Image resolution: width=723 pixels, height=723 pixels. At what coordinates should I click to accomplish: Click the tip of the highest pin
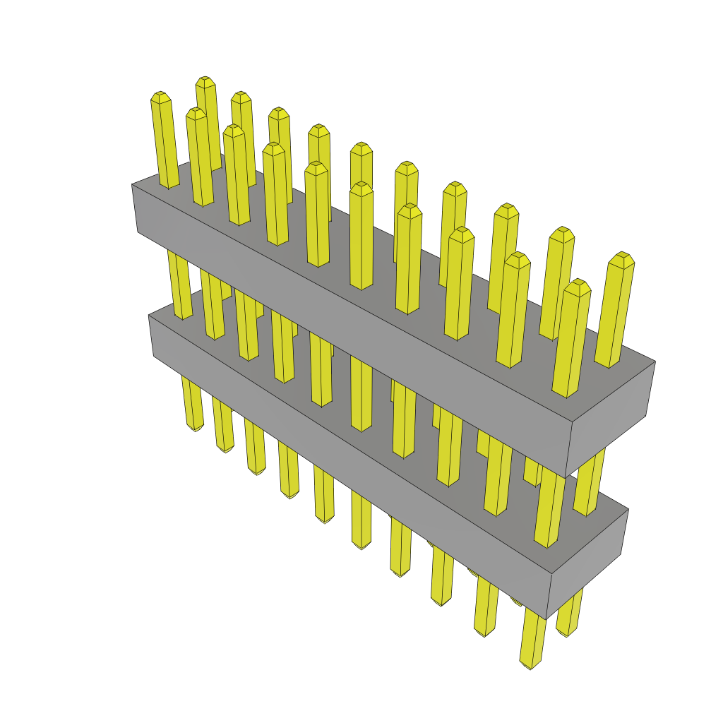pyautogui.click(x=205, y=80)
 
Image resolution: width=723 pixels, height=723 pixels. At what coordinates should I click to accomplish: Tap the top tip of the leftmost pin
pyautogui.click(x=160, y=95)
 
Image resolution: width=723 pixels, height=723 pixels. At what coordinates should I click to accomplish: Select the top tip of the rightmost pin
pyautogui.click(x=623, y=256)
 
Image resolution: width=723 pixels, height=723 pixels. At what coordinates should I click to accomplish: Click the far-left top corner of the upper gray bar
pyautogui.click(x=132, y=185)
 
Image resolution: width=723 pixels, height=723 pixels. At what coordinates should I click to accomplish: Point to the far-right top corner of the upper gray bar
pyautogui.click(x=655, y=362)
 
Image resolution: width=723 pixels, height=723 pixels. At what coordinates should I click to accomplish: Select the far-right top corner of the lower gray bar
pyautogui.click(x=628, y=510)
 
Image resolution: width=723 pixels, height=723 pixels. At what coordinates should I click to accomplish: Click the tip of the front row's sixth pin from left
pyautogui.click(x=361, y=186)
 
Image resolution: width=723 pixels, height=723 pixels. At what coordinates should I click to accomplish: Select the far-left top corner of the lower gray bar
pyautogui.click(x=149, y=316)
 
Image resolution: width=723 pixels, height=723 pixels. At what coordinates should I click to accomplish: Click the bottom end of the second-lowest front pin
pyautogui.click(x=485, y=633)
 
